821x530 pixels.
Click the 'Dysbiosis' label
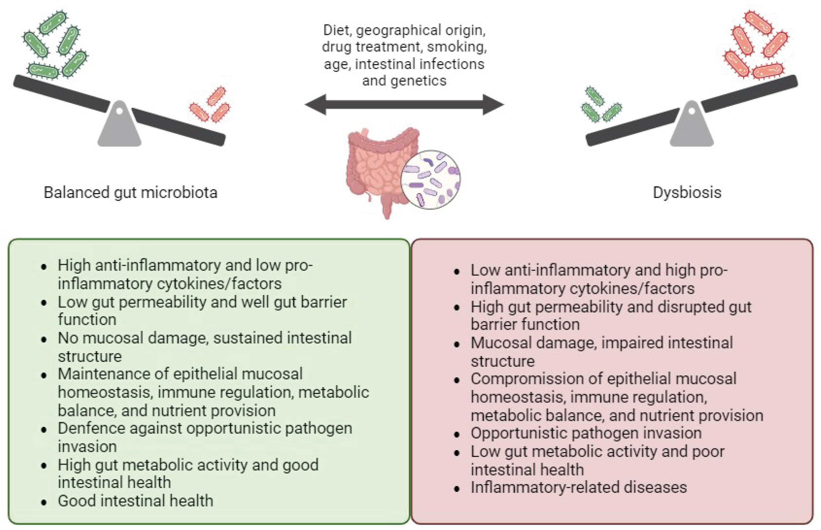pos(687,192)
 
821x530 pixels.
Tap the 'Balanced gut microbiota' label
pos(130,192)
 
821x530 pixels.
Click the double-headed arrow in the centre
pos(404,105)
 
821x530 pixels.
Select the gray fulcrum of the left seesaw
pos(119,127)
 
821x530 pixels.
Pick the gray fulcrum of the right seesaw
pos(691,127)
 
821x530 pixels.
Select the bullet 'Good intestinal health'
pos(136,501)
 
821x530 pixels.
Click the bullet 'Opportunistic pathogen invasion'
pos(586,433)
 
